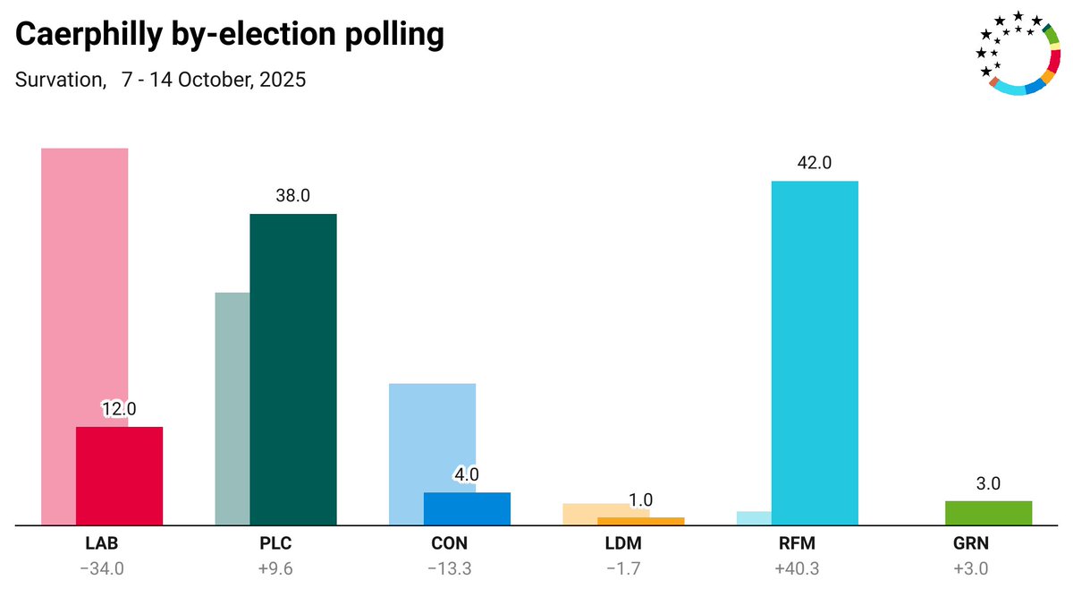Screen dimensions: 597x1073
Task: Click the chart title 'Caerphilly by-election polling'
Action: coord(230,35)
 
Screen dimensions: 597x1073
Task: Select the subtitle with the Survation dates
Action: coord(161,80)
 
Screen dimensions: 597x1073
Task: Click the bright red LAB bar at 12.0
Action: coord(119,475)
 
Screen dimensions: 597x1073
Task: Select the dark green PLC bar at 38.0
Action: coord(293,369)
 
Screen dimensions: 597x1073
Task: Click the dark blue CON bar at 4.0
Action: coord(467,508)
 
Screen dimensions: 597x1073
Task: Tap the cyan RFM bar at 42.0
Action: coord(815,353)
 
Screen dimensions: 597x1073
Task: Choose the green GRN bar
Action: coord(988,513)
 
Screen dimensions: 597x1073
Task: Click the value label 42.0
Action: coord(815,163)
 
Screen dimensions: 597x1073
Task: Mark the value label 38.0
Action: coord(293,196)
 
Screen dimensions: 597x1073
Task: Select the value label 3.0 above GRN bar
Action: coord(988,483)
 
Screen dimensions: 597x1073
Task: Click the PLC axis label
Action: coord(276,543)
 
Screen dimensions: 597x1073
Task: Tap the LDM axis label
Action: coord(623,543)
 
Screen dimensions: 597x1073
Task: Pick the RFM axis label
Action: coord(798,543)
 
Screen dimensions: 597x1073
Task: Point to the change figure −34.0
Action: coord(102,567)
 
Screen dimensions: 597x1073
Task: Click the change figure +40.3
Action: coord(798,567)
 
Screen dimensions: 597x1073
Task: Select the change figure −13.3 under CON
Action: coord(450,567)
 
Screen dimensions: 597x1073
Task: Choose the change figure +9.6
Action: coord(276,567)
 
